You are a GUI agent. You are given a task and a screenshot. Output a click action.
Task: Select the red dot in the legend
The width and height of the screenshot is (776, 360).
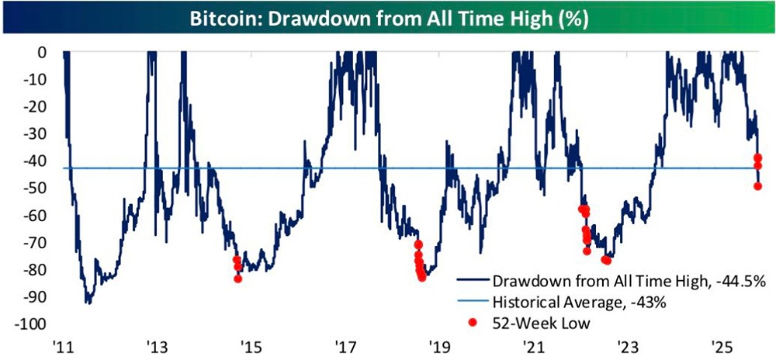tap(473, 320)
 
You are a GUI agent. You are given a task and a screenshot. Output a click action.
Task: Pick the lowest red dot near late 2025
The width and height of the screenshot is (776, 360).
tap(758, 186)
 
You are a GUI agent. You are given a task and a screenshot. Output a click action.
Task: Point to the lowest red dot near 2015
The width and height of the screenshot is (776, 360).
tap(237, 279)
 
